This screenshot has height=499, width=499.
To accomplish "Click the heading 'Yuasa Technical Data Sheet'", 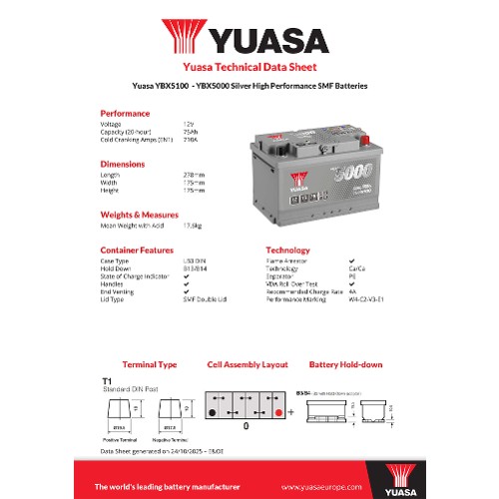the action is click(249, 69).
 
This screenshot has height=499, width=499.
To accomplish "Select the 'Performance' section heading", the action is click(125, 113).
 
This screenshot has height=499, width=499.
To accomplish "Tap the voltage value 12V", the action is click(190, 123).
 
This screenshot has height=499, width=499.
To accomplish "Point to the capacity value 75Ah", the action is click(191, 131).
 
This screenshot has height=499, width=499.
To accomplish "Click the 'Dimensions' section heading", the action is click(123, 164).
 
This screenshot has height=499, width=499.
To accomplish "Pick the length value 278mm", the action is click(195, 174).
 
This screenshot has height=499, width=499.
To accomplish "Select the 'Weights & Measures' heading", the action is click(139, 215).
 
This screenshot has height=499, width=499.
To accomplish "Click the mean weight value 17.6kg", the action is click(194, 226).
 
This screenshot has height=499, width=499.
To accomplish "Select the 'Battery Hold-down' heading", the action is click(345, 364).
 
